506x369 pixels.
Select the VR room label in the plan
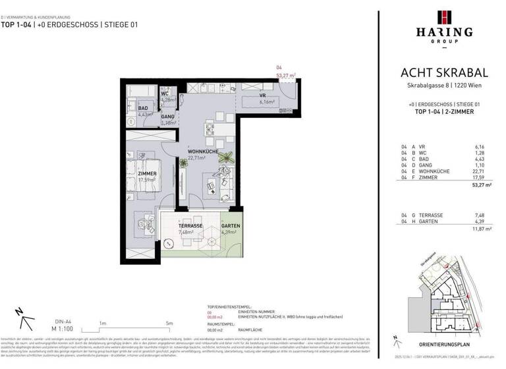[262, 96]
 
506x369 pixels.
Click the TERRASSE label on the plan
[171, 226]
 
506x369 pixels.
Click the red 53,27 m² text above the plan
[285, 76]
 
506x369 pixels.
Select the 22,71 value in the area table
[479, 171]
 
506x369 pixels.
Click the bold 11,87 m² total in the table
[476, 230]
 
